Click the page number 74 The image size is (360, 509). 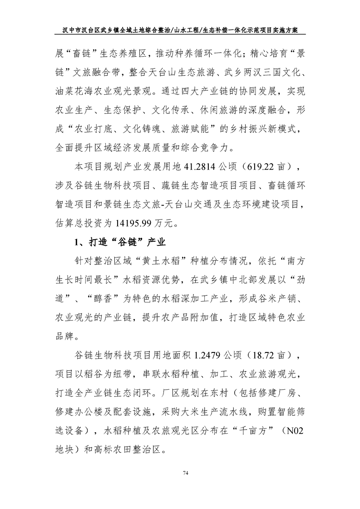(185, 474)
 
